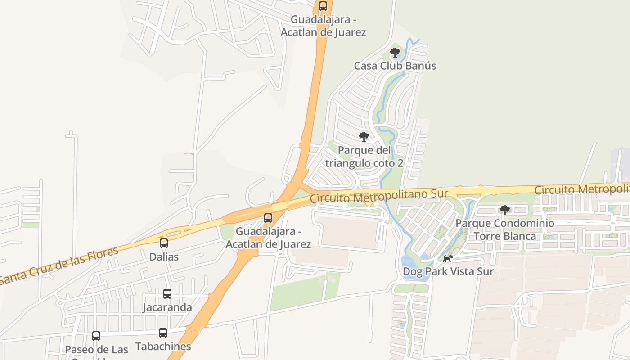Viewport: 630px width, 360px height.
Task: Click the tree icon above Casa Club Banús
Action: (x=395, y=53)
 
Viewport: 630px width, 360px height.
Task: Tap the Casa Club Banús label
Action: (x=395, y=66)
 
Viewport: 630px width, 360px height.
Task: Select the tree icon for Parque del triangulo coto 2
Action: (x=364, y=137)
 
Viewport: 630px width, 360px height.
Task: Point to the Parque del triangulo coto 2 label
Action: (x=364, y=157)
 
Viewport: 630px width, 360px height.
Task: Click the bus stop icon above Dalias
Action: (x=164, y=243)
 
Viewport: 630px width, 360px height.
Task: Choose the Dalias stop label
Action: (x=164, y=257)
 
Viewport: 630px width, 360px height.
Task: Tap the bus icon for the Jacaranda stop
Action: (x=167, y=294)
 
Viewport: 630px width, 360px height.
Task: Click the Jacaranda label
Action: (x=167, y=307)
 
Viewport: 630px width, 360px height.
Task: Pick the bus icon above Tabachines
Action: (x=163, y=333)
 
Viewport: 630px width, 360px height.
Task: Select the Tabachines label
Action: (x=163, y=346)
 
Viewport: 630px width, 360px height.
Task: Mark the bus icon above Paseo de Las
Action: (x=96, y=336)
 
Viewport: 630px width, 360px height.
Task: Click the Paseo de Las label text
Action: (x=96, y=350)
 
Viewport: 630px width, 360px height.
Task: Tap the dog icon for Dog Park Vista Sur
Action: (x=448, y=258)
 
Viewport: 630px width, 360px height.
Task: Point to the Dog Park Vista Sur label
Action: (x=448, y=271)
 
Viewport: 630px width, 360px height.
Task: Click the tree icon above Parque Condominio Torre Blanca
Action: (x=505, y=210)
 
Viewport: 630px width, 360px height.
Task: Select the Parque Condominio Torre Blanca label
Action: (x=505, y=229)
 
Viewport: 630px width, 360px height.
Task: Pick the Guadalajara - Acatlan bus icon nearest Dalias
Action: (x=268, y=218)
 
